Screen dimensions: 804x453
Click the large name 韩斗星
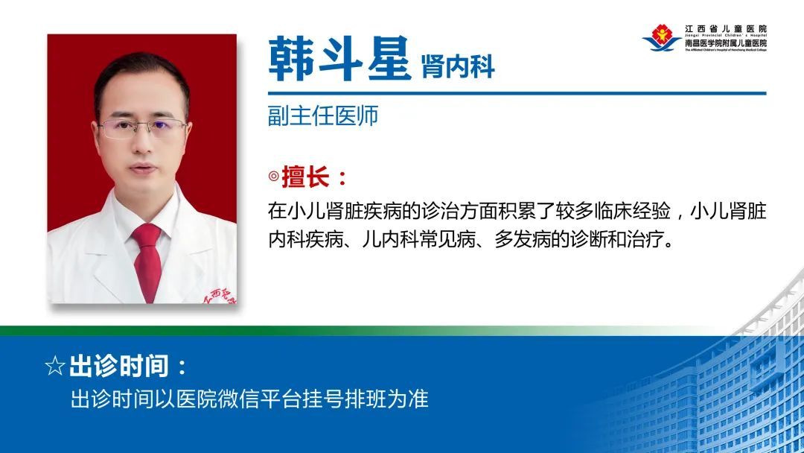point(339,58)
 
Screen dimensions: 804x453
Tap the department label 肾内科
point(458,67)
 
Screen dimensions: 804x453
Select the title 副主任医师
point(323,116)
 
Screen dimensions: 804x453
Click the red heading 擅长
point(306,177)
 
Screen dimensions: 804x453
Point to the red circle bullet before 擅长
point(274,177)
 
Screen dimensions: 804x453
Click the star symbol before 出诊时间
point(55,366)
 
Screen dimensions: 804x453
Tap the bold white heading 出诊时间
point(119,366)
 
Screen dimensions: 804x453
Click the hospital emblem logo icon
point(662,37)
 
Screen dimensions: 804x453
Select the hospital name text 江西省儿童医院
point(726,29)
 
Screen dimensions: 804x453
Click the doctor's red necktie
point(147,261)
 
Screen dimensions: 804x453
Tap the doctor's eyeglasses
point(142,128)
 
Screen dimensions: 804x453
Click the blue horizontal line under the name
point(517,94)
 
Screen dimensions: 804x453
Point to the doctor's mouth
point(143,168)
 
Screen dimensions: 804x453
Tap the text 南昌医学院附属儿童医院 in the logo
point(726,43)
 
